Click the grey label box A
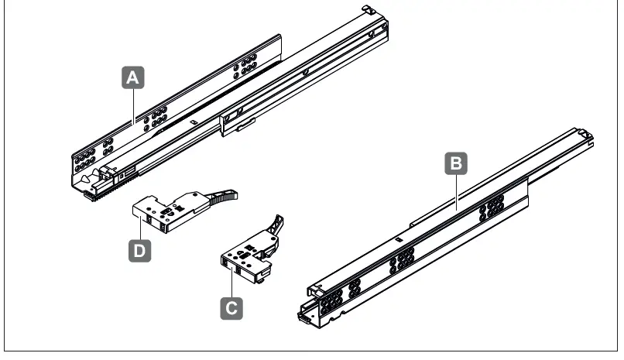click(134, 78)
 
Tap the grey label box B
click(457, 163)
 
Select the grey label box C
click(231, 307)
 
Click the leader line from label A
click(134, 105)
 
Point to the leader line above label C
click(231, 282)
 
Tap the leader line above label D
click(140, 228)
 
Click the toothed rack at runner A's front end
click(96, 193)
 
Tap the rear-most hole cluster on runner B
click(493, 207)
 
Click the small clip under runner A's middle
click(240, 127)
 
